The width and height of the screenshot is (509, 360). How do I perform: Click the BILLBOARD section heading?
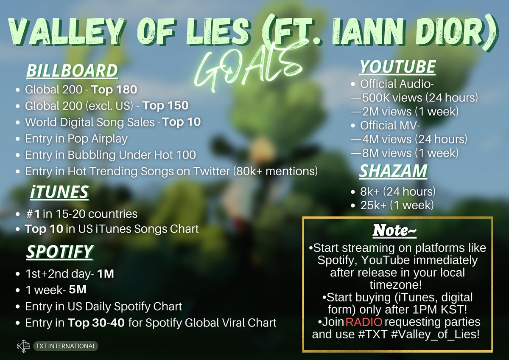pyautogui.click(x=72, y=71)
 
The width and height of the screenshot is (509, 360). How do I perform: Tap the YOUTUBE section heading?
pyautogui.click(x=398, y=67)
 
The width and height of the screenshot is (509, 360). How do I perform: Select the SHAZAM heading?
pyautogui.click(x=394, y=171)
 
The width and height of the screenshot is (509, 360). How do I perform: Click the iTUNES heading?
pyautogui.click(x=59, y=192)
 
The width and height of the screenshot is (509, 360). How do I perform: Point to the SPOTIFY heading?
pyautogui.click(x=59, y=252)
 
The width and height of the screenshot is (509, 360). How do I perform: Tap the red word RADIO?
pyautogui.click(x=364, y=322)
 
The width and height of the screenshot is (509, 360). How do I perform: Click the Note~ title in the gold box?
pyautogui.click(x=394, y=231)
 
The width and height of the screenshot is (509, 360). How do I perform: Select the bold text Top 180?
pyautogui.click(x=114, y=90)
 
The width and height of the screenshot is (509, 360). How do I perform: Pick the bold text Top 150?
pyautogui.click(x=166, y=106)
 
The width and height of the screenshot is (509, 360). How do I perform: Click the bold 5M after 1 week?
pyautogui.click(x=78, y=290)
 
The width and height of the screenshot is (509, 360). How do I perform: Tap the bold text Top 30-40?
pyautogui.click(x=96, y=323)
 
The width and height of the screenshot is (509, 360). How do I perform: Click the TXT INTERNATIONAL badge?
pyautogui.click(x=66, y=346)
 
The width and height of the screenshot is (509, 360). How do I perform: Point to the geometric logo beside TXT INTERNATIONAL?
pyautogui.click(x=24, y=346)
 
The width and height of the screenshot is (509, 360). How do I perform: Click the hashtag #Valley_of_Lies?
pyautogui.click(x=436, y=334)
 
